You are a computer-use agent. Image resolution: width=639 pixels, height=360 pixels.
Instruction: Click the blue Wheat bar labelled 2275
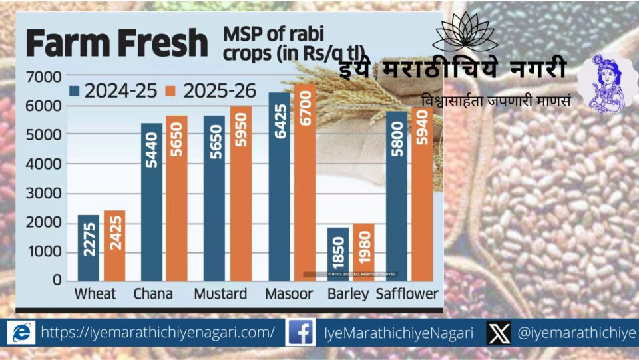click(89, 248)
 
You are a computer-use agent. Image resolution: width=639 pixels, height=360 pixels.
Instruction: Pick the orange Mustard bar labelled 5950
click(241, 193)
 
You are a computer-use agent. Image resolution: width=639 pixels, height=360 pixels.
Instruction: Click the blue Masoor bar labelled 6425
click(280, 186)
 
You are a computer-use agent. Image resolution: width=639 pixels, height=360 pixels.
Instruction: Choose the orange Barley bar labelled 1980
click(363, 252)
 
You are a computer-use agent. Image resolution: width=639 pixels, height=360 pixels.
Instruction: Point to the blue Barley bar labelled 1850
click(337, 254)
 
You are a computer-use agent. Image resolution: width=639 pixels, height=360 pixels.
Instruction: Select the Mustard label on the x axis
click(220, 294)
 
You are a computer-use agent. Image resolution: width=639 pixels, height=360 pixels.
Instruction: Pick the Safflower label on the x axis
click(407, 294)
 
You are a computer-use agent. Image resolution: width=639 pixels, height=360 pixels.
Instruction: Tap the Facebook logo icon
click(300, 332)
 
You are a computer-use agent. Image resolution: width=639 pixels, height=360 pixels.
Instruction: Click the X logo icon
click(499, 332)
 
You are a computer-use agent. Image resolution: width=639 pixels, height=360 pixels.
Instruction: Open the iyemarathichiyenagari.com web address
click(158, 332)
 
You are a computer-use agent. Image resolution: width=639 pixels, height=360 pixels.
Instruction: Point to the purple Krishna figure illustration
click(606, 83)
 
